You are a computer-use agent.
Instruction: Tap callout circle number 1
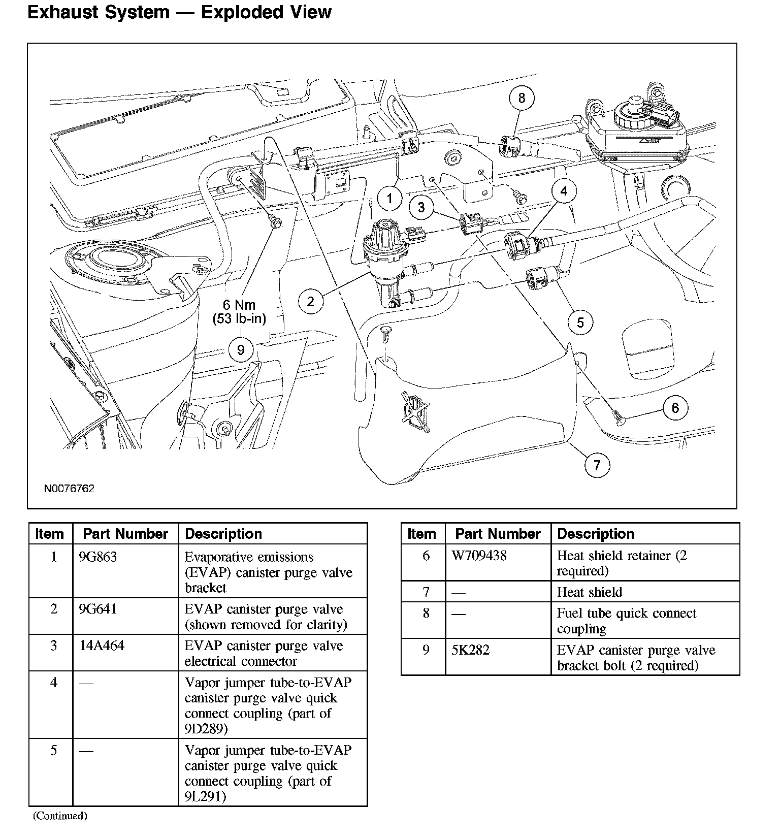click(x=389, y=198)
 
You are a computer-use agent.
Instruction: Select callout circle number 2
click(x=310, y=302)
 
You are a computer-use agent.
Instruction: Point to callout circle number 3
click(x=421, y=207)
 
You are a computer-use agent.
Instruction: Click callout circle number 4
click(x=564, y=191)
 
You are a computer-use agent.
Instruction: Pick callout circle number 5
click(x=580, y=322)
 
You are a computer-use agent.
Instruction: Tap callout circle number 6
click(x=675, y=408)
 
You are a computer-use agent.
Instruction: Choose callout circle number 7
click(x=597, y=465)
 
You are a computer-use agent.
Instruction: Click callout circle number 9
click(x=241, y=349)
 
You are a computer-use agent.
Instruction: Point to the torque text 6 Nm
click(x=239, y=305)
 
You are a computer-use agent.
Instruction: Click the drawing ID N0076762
click(x=69, y=489)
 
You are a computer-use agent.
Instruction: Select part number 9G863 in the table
click(x=98, y=557)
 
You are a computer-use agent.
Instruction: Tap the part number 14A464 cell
click(x=102, y=646)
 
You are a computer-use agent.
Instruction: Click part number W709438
click(x=479, y=556)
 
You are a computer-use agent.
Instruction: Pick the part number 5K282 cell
click(x=470, y=650)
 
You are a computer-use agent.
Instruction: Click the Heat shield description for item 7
click(x=589, y=592)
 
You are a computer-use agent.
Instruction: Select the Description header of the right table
click(x=596, y=534)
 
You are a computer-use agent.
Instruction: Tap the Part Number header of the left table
click(x=125, y=534)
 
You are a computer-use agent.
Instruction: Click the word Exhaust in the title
click(x=62, y=12)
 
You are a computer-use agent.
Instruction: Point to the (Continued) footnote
click(x=60, y=816)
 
